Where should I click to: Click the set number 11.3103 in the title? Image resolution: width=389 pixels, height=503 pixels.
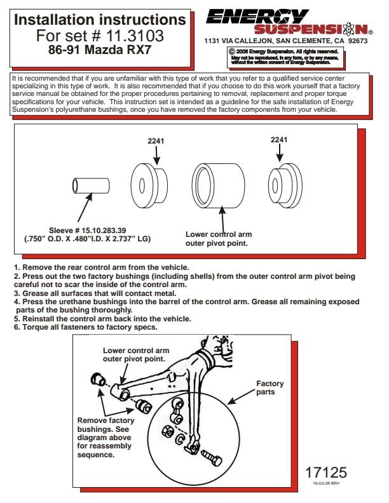point(133,35)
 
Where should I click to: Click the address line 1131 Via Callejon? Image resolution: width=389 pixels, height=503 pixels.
point(285,41)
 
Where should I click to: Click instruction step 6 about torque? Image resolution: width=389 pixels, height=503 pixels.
point(86,326)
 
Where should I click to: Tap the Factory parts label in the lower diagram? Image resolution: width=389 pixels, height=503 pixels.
point(270,388)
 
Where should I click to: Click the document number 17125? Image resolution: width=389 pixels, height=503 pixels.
point(325,473)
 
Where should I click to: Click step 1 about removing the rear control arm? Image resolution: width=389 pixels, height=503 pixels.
point(101,267)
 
